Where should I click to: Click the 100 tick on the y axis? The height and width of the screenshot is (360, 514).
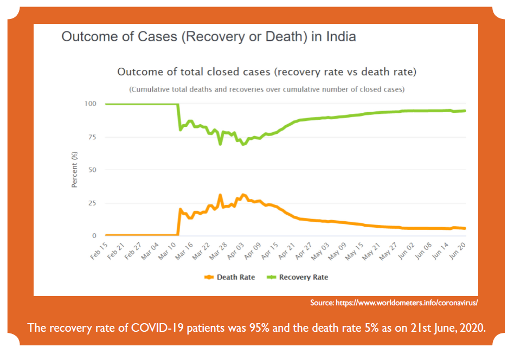[x=91, y=104]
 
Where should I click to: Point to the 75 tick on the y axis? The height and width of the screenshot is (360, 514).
[x=93, y=137]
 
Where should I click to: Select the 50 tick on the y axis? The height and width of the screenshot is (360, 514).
[x=93, y=170]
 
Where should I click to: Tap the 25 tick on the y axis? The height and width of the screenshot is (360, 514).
[x=93, y=203]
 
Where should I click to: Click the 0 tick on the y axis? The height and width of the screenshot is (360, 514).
[x=95, y=236]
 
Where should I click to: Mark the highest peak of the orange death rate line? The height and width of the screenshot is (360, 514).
[x=220, y=195]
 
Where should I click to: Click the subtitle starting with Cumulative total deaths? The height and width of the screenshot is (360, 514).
[x=266, y=89]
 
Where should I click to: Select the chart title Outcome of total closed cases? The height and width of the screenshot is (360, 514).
[x=267, y=72]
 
